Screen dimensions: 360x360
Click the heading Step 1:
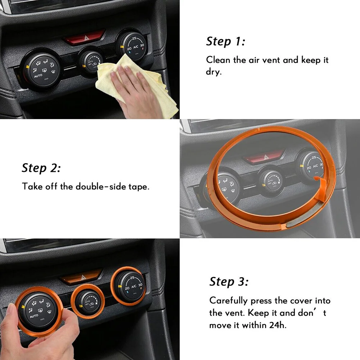[x=225, y=42]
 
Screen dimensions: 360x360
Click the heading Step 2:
[x=41, y=168]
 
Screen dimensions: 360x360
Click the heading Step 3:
[x=229, y=282]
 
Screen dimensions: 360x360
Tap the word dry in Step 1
[x=214, y=72]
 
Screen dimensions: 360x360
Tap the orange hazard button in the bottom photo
[x=81, y=277]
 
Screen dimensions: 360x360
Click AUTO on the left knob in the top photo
[x=38, y=76]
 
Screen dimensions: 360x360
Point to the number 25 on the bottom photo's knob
[x=132, y=278]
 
